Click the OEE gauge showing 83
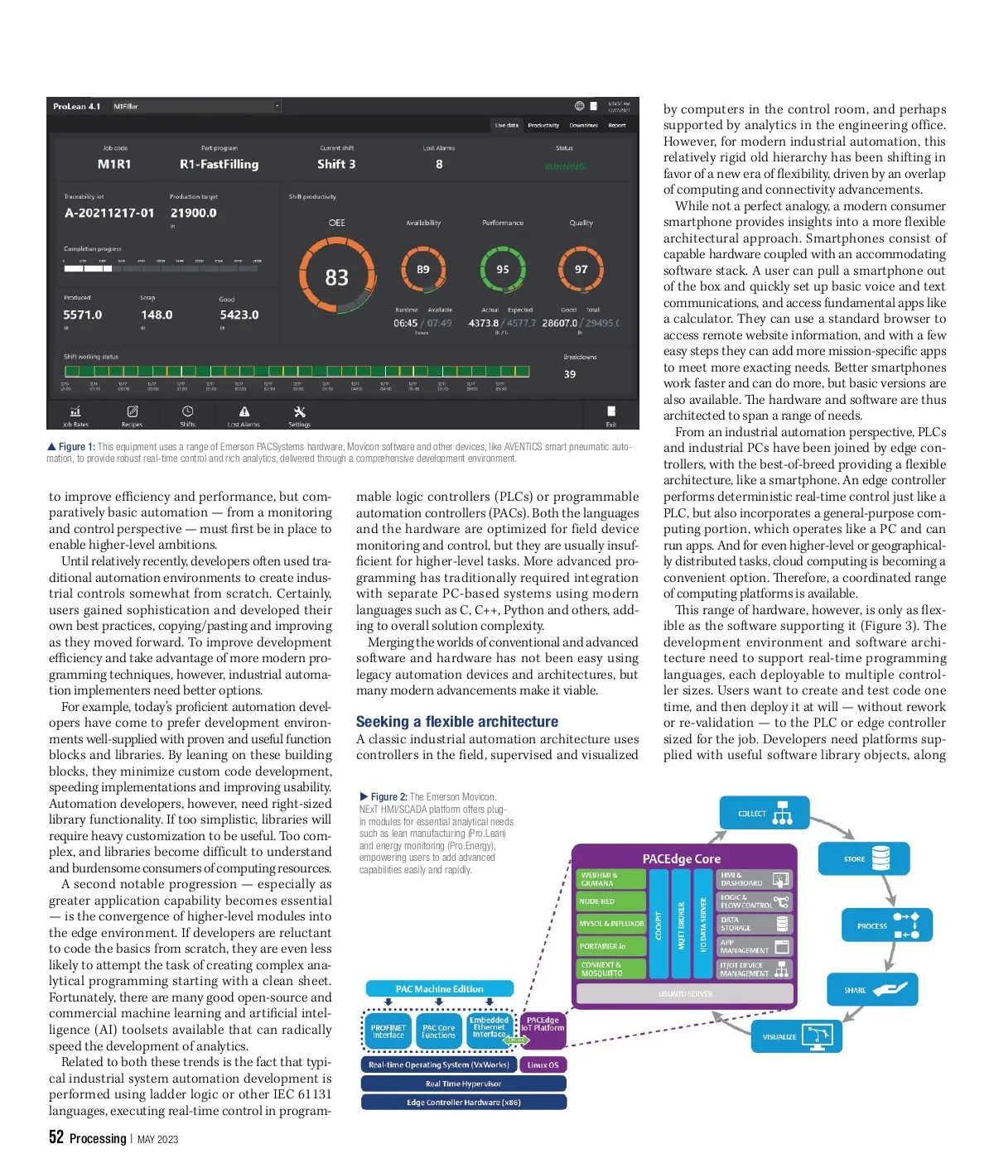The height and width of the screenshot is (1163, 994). (336, 276)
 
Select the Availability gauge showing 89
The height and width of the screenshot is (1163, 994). (423, 270)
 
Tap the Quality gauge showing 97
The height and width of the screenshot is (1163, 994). (581, 270)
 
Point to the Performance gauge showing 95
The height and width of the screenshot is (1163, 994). (503, 270)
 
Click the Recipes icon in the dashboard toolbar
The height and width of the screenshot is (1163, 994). (133, 412)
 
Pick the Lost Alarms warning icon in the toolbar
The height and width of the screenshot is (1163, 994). (244, 412)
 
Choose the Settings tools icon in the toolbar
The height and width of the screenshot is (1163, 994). (300, 412)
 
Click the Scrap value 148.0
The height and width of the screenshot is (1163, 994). (157, 315)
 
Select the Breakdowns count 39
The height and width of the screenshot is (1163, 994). (570, 374)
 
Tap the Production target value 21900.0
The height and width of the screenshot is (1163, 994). (194, 213)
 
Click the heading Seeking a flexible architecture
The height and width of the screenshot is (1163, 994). (457, 722)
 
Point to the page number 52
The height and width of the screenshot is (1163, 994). (56, 1137)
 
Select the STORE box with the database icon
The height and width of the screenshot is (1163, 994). (864, 859)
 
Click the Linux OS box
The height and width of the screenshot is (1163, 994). (543, 1064)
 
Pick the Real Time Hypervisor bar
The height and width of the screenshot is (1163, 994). (463, 1084)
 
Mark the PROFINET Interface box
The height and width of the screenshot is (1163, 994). (388, 1031)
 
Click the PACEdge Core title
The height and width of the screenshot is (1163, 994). (682, 859)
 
